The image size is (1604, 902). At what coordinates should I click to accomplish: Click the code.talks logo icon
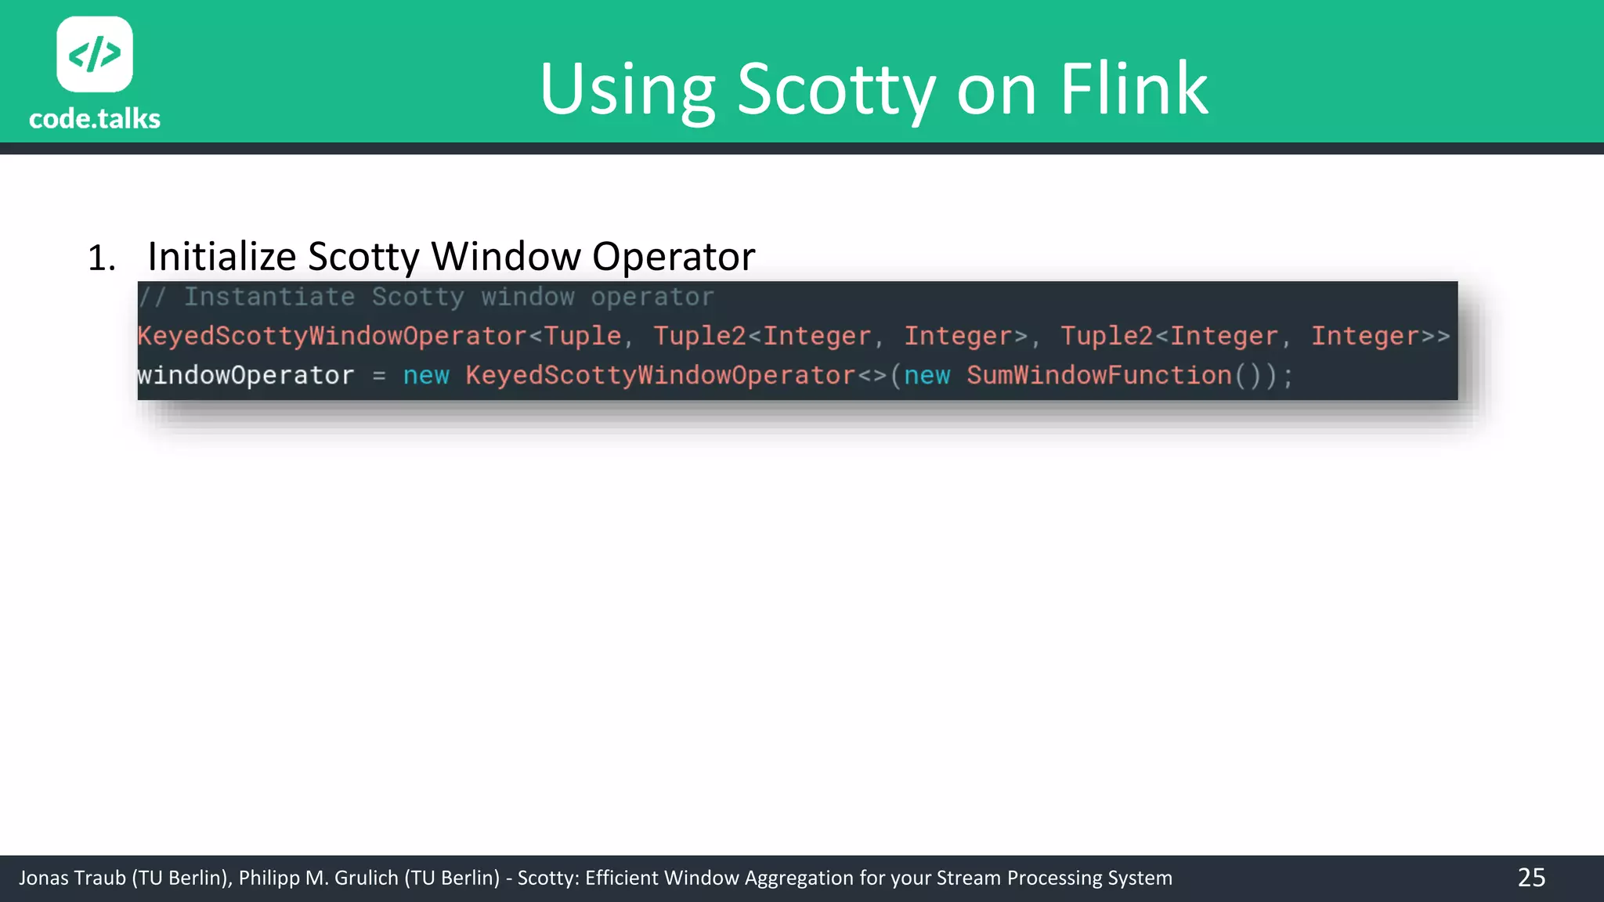click(95, 54)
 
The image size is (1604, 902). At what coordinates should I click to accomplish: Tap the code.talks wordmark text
click(95, 119)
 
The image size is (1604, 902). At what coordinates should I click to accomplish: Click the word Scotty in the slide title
click(836, 89)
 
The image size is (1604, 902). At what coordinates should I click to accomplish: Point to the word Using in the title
click(627, 89)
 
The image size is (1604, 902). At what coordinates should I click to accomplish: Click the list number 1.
click(101, 258)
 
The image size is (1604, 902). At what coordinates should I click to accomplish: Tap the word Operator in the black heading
click(674, 257)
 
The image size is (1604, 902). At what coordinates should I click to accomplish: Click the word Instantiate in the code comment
click(269, 297)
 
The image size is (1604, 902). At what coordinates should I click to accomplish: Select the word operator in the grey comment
click(652, 298)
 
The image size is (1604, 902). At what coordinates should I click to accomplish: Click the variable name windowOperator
click(246, 376)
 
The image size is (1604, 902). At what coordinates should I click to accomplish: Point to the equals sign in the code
click(379, 377)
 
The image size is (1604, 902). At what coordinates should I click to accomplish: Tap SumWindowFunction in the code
click(1099, 376)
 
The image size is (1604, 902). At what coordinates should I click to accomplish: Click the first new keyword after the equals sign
click(426, 376)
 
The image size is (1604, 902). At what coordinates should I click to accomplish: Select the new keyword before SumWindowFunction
click(927, 376)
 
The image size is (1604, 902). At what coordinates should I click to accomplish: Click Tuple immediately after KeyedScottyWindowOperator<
click(583, 336)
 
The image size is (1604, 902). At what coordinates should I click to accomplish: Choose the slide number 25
click(1531, 878)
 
